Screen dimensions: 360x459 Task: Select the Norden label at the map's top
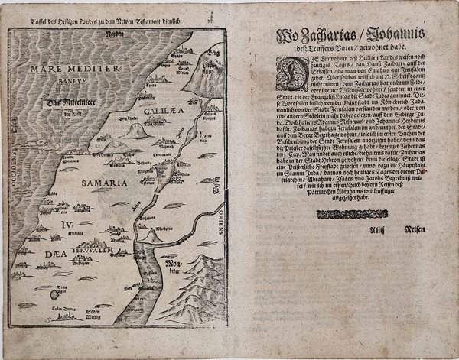click(114, 35)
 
